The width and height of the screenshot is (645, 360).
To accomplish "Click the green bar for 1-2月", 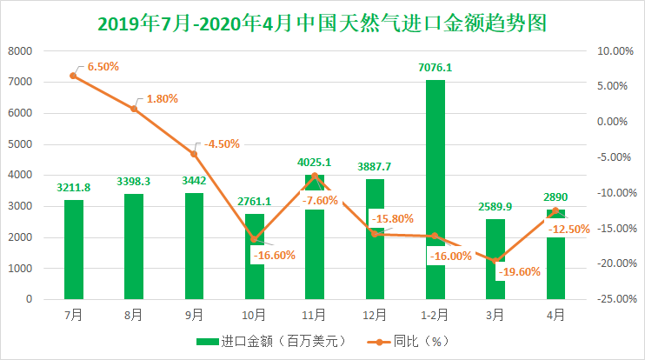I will point(436,174).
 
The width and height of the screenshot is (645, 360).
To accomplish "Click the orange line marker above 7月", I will point(74,76).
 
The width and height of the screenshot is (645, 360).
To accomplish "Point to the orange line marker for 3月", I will point(495,261).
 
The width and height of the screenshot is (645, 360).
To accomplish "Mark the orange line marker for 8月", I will point(134,109).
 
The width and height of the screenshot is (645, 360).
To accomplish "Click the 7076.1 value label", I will point(435,67).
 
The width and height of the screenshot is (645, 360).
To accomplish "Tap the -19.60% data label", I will point(520,271).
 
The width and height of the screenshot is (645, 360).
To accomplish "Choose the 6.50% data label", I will point(103,65).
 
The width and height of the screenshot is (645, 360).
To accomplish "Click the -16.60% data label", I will point(273,255).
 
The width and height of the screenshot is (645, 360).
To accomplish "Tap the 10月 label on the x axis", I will point(254,313).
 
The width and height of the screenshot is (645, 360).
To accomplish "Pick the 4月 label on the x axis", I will point(555,313).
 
